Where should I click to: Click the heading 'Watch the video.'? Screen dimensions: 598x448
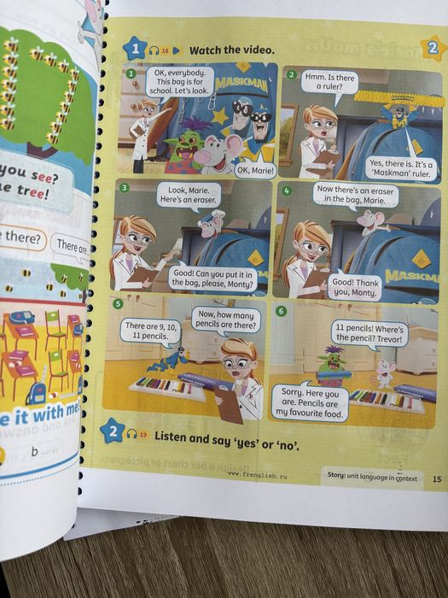231,50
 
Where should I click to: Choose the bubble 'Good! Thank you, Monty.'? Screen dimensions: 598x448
354,285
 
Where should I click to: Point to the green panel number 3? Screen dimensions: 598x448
125,187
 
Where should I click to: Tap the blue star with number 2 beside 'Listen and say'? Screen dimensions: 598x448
111,431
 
